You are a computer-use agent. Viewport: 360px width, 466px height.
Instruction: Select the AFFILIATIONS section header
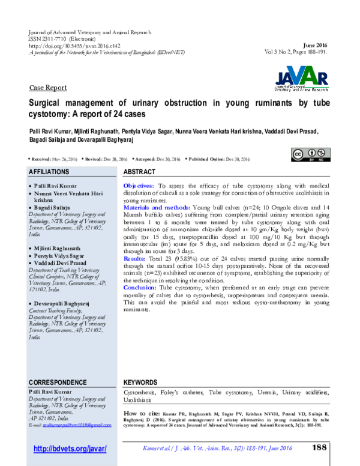(x=53, y=172)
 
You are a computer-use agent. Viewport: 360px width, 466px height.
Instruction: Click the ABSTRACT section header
(x=139, y=172)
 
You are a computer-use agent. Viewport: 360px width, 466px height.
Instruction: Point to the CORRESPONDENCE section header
(x=58, y=383)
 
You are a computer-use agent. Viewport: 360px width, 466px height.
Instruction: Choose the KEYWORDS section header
(x=140, y=383)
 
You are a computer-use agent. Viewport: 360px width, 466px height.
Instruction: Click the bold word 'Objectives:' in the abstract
(x=139, y=187)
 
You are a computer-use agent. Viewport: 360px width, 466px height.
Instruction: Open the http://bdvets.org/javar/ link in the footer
(x=70, y=449)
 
